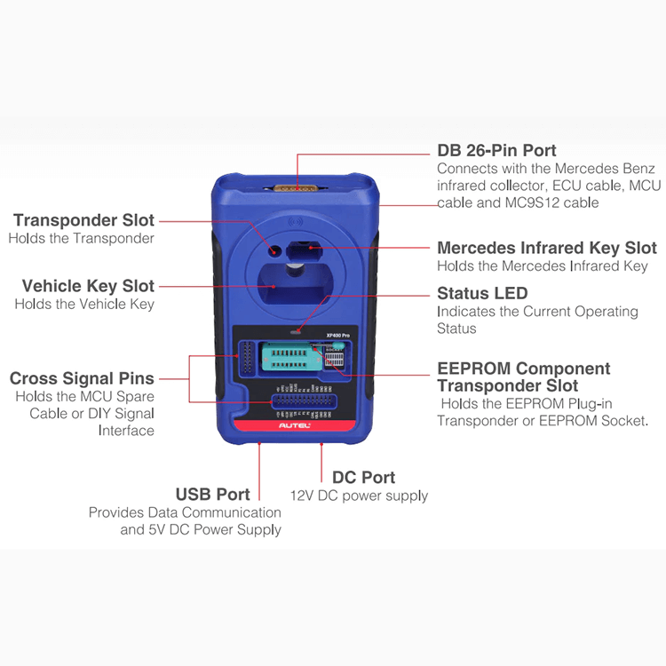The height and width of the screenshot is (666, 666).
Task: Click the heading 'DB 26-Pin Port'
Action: (496, 150)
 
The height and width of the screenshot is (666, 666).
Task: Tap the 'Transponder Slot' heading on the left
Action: (83, 220)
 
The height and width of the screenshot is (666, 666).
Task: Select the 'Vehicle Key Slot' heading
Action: (88, 286)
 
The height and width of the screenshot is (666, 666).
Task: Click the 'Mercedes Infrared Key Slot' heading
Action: (547, 248)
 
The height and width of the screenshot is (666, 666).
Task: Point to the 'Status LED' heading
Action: (482, 294)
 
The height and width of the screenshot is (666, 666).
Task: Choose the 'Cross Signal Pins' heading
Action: (82, 378)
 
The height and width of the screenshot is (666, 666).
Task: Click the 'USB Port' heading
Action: (213, 495)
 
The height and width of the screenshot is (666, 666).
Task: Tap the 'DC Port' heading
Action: (363, 478)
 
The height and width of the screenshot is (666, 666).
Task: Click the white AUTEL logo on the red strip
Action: (294, 425)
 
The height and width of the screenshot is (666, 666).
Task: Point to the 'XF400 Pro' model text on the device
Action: (338, 336)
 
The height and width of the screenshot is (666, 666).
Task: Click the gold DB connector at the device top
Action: (296, 187)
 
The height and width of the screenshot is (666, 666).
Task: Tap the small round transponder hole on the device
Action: (274, 250)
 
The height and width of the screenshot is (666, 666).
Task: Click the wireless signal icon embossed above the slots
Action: (296, 222)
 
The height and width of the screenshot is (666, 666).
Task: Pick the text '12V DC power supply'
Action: (359, 496)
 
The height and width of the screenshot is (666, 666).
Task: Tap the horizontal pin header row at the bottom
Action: (304, 401)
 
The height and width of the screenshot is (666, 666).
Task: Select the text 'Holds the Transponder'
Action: (81, 238)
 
